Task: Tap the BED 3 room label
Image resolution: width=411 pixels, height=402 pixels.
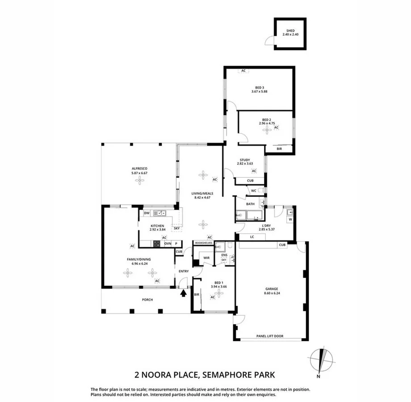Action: pos(259,88)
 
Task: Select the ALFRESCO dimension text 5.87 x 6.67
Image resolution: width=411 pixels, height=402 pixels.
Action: pos(139,173)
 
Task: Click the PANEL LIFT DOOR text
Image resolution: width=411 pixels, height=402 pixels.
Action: pos(269,336)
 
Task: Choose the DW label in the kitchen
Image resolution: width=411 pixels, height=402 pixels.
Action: pos(146,214)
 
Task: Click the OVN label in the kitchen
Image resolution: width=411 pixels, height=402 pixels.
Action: pos(168,243)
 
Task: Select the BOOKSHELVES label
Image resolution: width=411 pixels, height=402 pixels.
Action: pos(203,243)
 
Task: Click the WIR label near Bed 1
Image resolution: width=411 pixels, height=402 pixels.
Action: pos(207,258)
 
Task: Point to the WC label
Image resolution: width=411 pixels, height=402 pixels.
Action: pos(253,191)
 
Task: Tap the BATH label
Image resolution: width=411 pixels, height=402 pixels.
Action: pos(251,204)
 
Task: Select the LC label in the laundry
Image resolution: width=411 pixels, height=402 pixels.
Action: pos(252,237)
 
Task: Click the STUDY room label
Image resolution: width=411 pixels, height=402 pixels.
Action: pos(244,160)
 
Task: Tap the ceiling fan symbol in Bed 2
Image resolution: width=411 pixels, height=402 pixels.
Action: pos(267,130)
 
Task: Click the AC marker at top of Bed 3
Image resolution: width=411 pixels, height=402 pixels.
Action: pos(243,71)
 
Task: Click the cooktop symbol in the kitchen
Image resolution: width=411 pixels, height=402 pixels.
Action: pos(157,243)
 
